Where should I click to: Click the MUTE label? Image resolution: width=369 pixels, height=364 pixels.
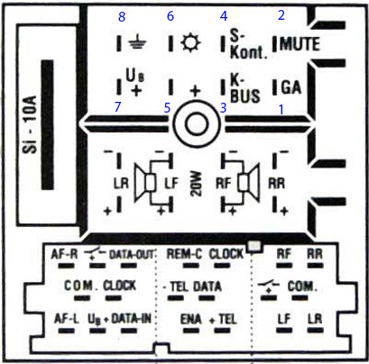point(300,44)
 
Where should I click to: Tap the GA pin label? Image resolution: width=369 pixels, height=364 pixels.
point(291,87)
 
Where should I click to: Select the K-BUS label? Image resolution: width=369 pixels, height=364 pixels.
point(244,88)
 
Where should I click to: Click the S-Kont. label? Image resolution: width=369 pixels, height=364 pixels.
point(248,44)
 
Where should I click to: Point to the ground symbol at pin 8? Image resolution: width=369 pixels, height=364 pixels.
point(137,43)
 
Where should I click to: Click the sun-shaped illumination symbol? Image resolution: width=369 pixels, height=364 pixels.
point(190,43)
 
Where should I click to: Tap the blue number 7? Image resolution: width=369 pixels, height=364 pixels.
point(118,106)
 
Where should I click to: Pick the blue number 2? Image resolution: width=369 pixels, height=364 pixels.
point(281,15)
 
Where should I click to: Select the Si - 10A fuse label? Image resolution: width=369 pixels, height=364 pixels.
point(30,124)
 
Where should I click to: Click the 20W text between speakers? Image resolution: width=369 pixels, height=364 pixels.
point(196,185)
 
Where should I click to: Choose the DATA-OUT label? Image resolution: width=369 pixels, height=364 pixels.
point(132,254)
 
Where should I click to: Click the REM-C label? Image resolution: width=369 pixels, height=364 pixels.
point(184,254)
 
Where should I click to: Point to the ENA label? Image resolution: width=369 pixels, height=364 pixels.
point(191,319)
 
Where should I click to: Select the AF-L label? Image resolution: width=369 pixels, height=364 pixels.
point(67,318)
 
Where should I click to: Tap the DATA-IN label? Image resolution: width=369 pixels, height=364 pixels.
point(132,318)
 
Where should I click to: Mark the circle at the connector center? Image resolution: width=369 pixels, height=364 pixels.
point(197,123)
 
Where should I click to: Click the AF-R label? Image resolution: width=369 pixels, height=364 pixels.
point(64,254)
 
